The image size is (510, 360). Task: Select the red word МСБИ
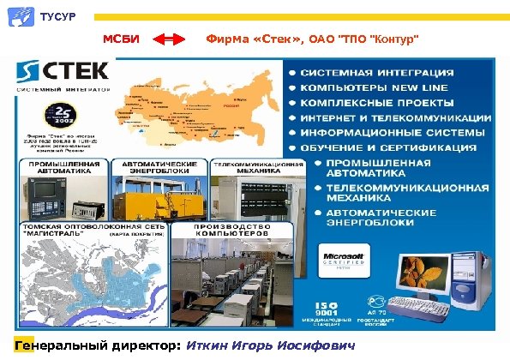pos(119,39)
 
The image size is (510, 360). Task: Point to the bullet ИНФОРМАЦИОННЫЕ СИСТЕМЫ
pos(387,133)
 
